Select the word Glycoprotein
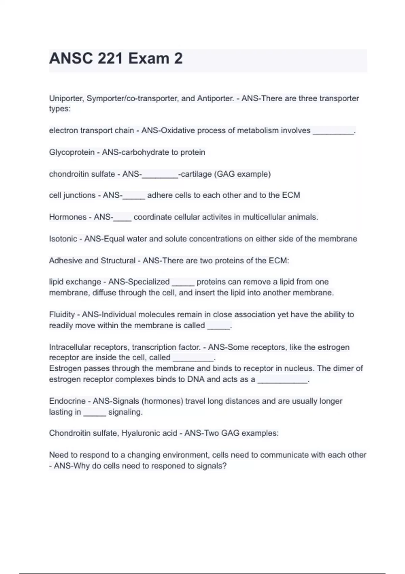pyautogui.click(x=72, y=152)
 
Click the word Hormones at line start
pyautogui.click(x=68, y=217)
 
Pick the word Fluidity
pyautogui.click(x=62, y=315)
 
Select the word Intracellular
pyautogui.click(x=70, y=347)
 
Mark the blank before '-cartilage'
pyautogui.click(x=160, y=175)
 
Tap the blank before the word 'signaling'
pyautogui.click(x=94, y=413)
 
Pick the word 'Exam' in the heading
pyautogui.click(x=148, y=58)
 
